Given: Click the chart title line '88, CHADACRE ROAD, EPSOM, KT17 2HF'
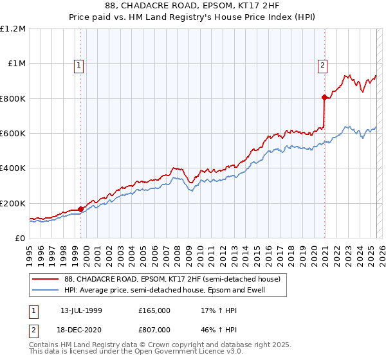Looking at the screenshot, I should pyautogui.click(x=193, y=5).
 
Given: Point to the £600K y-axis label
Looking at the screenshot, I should pyautogui.click(x=13, y=134).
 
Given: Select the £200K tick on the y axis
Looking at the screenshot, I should pyautogui.click(x=13, y=203).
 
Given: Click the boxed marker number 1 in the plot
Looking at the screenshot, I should pyautogui.click(x=78, y=64).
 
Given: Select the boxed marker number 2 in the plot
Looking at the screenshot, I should pyautogui.click(x=322, y=64).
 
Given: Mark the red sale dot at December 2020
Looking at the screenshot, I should pyautogui.click(x=324, y=98).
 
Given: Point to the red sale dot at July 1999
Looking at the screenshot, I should pyautogui.click(x=80, y=209).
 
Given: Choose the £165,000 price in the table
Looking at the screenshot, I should pyautogui.click(x=154, y=310).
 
